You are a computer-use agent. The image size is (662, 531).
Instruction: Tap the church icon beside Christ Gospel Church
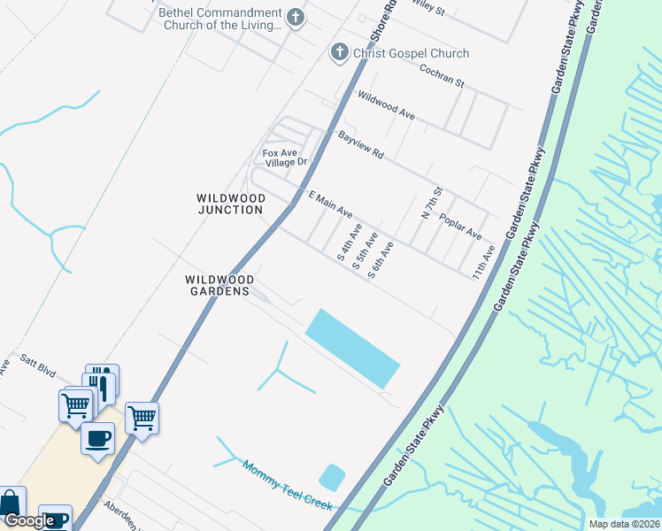tap(337, 53)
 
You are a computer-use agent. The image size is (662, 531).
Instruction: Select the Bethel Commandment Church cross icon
tap(296, 16)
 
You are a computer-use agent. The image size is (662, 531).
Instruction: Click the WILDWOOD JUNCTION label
tap(230, 204)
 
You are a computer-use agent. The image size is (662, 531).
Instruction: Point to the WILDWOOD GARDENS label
tap(220, 285)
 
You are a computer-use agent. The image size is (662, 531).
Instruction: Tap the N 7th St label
tap(430, 204)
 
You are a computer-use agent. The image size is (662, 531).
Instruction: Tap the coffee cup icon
tap(97, 438)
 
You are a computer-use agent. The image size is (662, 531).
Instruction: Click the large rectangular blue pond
tap(352, 348)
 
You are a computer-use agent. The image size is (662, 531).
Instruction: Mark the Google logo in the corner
tap(28, 521)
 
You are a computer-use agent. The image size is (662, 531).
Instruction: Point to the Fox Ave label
tap(276, 153)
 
